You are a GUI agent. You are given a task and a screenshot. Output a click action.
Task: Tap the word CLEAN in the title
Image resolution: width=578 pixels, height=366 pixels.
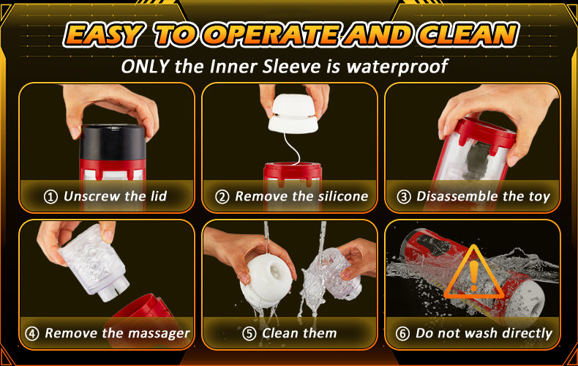(x=468, y=35)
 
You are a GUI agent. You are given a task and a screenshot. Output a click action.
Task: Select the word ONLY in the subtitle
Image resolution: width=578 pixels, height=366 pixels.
(x=146, y=67)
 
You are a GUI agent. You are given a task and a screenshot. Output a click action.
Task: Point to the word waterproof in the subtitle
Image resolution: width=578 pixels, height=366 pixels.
(x=397, y=67)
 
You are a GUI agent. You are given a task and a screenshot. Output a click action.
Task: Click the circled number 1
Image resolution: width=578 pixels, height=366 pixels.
(x=50, y=197)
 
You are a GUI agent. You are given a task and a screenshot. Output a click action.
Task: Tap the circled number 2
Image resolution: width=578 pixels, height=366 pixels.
(x=222, y=197)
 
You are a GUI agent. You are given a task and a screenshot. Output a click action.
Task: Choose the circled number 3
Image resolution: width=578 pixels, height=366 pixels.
(x=404, y=197)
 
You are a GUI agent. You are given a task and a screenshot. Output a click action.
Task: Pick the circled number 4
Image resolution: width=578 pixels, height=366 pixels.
(x=31, y=334)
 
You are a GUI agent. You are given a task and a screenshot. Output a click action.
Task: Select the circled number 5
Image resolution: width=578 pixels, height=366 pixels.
(x=249, y=334)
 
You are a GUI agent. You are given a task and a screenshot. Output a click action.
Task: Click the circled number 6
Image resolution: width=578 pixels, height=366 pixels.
(x=402, y=334)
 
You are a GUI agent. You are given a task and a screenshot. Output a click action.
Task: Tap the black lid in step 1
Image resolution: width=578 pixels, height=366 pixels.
(x=113, y=143)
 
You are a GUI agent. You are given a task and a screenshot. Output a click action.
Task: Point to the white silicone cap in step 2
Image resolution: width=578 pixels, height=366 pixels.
(x=293, y=113)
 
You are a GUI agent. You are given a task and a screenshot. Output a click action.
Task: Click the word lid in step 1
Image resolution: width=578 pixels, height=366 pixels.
(x=159, y=196)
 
